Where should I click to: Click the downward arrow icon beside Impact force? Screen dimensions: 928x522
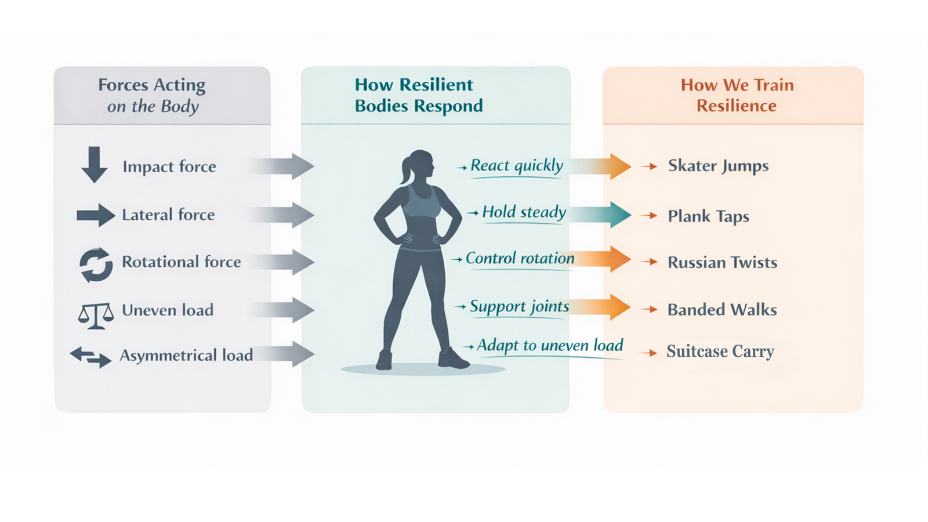[x=95, y=165]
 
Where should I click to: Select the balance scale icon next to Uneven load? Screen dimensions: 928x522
[x=96, y=316]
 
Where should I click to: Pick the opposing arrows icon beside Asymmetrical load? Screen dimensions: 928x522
[x=90, y=357]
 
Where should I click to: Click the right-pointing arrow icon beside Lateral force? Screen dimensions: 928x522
[x=96, y=215]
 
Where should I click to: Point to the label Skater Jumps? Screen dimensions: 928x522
[x=719, y=166]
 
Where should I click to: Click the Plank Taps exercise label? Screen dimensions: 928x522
[x=708, y=216]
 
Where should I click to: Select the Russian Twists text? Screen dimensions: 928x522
[x=723, y=262]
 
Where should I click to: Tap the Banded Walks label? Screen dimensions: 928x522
[x=722, y=310]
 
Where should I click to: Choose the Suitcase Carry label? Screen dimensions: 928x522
[x=720, y=351]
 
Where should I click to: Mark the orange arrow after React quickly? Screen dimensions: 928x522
[x=601, y=166]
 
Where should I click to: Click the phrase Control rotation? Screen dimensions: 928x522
[x=520, y=258]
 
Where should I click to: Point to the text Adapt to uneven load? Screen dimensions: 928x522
[x=550, y=345]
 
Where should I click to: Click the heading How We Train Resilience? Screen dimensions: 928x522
[x=737, y=95]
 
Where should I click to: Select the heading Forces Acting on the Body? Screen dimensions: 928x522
[x=152, y=96]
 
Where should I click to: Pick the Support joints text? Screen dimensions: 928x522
[x=520, y=307]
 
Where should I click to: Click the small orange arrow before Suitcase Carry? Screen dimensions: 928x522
[x=648, y=353]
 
